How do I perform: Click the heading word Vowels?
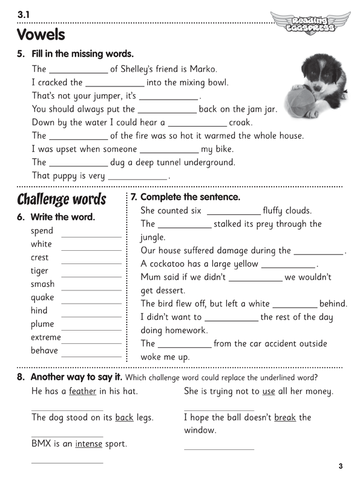pyautogui.click(x=41, y=34)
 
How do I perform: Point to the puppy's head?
pyautogui.click(x=318, y=70)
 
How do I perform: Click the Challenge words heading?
pyautogui.click(x=61, y=199)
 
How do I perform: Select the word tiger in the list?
pyautogui.click(x=40, y=271)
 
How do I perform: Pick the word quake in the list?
pyautogui.click(x=42, y=298)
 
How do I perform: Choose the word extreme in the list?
pyautogui.click(x=46, y=337)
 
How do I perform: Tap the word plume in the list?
pyautogui.click(x=42, y=324)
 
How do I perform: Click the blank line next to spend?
pyautogui.click(x=91, y=236)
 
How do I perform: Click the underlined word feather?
pyautogui.click(x=83, y=392)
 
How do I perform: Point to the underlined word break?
pyautogui.click(x=285, y=418)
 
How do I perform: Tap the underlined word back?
pyautogui.click(x=124, y=418)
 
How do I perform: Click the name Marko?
pyautogui.click(x=202, y=69)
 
